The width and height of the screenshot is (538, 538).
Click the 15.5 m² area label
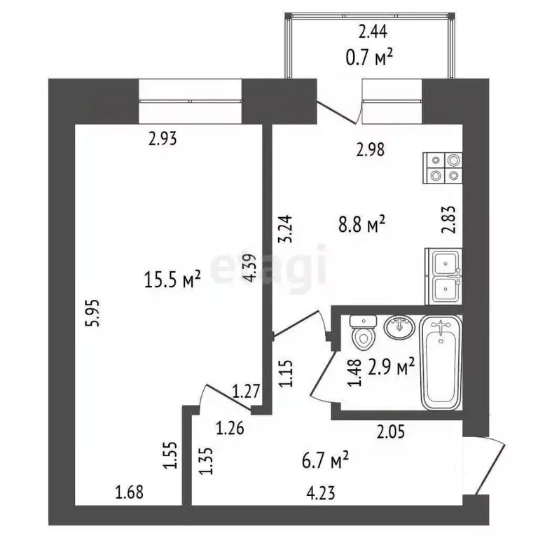[172, 282]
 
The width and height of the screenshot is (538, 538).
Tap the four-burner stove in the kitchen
[444, 169]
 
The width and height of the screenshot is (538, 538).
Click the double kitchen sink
[443, 276]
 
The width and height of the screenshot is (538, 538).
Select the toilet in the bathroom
[362, 333]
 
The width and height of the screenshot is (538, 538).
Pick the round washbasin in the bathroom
[399, 327]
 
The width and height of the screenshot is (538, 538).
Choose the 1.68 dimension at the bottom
[129, 492]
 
